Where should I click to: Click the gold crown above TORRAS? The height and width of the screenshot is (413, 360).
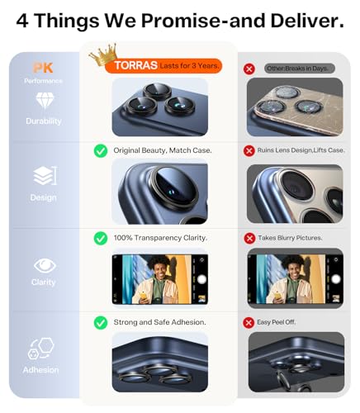tap(104, 55)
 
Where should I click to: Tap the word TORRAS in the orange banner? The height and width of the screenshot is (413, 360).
tap(136, 65)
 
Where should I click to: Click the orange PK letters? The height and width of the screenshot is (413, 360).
tap(43, 68)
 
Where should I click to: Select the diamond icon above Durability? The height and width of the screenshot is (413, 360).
tap(45, 101)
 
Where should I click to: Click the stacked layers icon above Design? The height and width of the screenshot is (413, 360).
tap(45, 176)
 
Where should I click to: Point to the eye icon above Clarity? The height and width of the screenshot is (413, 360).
tap(45, 266)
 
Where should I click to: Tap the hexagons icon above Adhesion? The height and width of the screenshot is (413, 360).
tap(41, 349)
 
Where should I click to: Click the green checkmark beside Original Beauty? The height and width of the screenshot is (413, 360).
tap(101, 151)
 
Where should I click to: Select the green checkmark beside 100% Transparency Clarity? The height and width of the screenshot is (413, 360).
tap(101, 239)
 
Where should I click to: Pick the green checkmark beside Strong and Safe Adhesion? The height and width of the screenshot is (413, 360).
tap(101, 323)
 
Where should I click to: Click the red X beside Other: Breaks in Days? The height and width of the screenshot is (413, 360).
tap(249, 69)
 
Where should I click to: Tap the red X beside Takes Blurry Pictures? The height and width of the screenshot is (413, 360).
tap(249, 239)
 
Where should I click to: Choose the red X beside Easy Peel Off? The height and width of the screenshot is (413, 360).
tap(249, 323)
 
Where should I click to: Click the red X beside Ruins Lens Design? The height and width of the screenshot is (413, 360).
tap(249, 151)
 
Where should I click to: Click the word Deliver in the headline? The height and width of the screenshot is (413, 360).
tap(307, 21)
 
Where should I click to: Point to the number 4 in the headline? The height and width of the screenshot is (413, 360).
tap(22, 21)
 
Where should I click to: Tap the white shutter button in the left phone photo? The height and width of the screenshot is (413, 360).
tap(202, 279)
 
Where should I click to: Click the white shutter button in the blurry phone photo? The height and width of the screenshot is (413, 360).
tap(336, 279)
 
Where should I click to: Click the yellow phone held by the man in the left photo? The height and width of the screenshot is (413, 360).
tap(144, 296)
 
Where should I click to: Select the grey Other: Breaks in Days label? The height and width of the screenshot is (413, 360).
tap(300, 69)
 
